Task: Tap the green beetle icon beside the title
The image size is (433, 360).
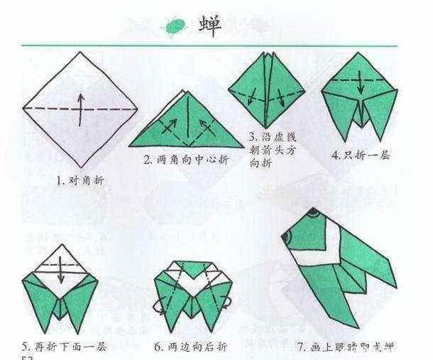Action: (x=175, y=26)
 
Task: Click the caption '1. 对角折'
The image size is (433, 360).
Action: (x=80, y=181)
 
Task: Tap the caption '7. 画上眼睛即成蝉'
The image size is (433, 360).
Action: (x=345, y=347)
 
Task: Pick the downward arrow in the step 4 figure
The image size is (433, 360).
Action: (x=361, y=84)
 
